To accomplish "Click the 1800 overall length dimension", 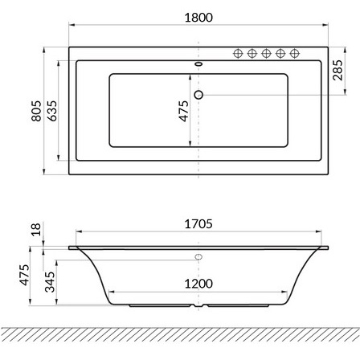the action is point(198,18).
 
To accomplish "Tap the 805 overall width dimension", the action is point(36,111).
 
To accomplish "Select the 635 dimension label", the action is point(52,111).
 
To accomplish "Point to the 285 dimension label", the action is point(337,70).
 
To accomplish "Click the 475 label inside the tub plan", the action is point(184,111).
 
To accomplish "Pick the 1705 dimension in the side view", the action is point(198,224).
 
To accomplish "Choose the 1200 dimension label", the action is point(198,284).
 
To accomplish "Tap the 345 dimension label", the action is point(50,282).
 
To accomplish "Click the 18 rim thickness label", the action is point(36,229).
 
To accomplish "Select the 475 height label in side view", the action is point(24,275).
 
